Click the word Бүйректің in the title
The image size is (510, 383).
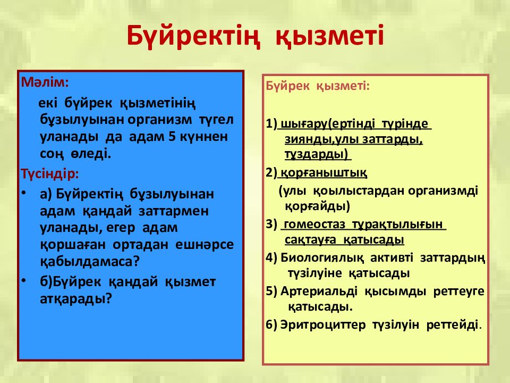(194, 36)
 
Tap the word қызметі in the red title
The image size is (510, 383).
(330, 36)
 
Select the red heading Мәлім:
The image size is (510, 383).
(45, 82)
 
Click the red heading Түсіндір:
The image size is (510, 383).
(50, 173)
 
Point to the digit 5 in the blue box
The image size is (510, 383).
(172, 137)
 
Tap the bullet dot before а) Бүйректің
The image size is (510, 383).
(23, 193)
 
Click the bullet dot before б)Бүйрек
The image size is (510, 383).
(23, 280)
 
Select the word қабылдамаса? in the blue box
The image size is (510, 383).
(90, 262)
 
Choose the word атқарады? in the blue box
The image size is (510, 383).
(76, 298)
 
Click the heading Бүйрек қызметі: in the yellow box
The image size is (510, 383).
(318, 86)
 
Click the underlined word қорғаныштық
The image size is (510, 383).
(324, 172)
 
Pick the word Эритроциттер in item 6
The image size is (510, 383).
(322, 324)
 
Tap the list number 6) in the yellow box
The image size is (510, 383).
(271, 324)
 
